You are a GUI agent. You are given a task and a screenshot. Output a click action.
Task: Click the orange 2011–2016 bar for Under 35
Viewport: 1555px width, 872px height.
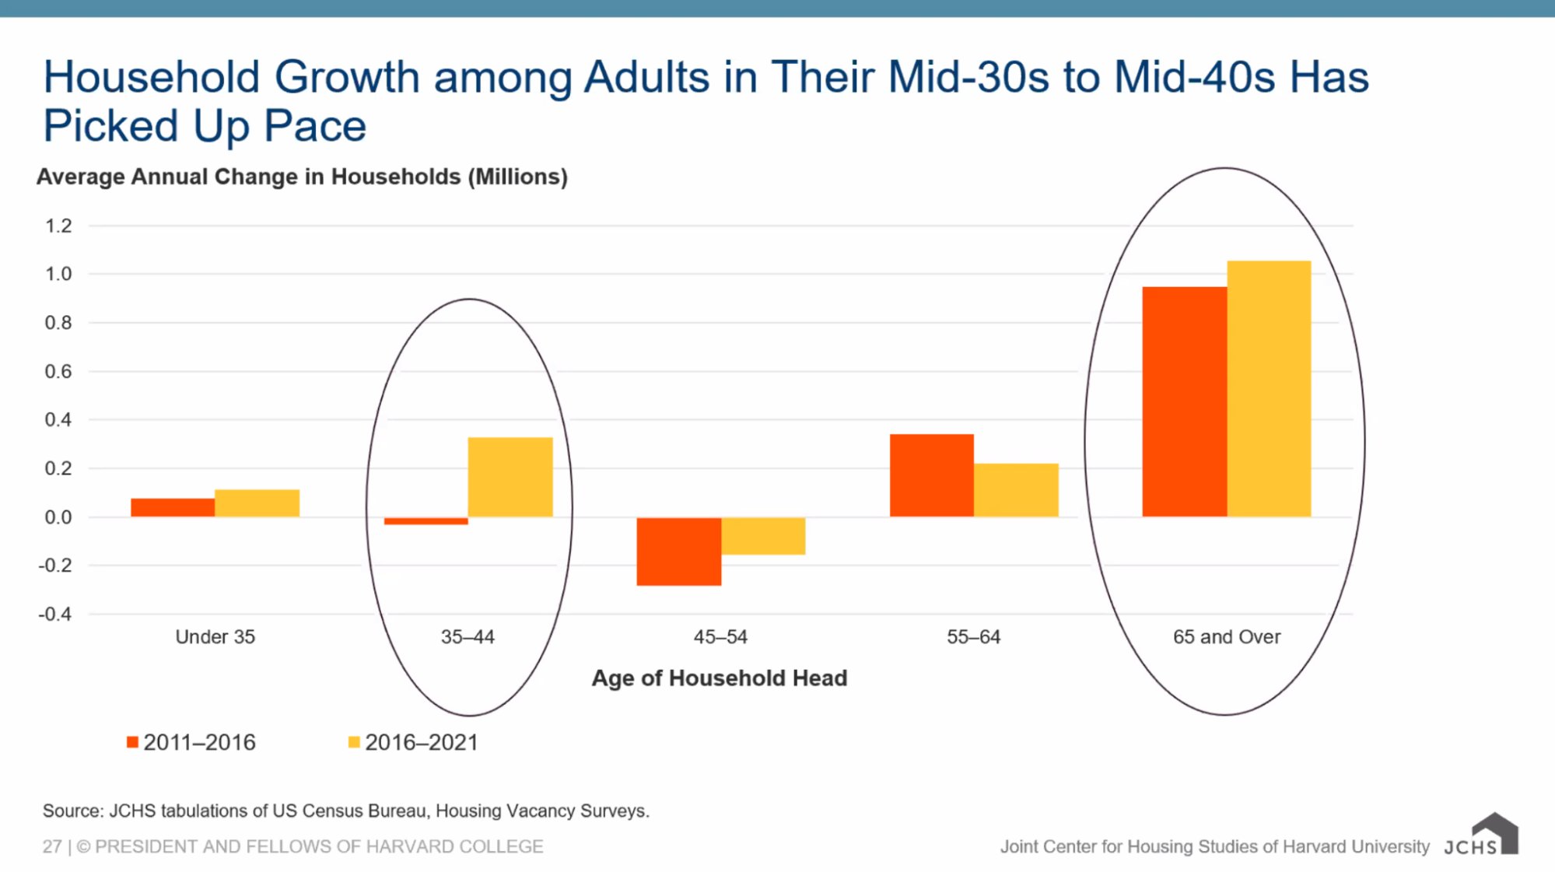[x=173, y=507]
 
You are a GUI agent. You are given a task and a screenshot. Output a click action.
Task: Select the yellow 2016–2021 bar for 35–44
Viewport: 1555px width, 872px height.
[x=510, y=477]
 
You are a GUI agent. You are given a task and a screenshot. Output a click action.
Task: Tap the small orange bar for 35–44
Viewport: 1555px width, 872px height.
[x=426, y=520]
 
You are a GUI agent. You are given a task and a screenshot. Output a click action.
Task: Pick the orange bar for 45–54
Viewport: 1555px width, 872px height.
[x=678, y=551]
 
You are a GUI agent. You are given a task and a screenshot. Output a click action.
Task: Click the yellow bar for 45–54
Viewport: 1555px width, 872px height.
[x=763, y=536]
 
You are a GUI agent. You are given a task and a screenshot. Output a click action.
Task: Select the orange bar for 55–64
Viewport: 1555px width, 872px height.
[x=932, y=475]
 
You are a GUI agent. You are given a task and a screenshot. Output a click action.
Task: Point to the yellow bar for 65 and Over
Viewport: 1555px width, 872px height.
[x=1269, y=389]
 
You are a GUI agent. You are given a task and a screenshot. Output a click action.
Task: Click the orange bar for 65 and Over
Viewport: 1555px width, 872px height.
[x=1185, y=401]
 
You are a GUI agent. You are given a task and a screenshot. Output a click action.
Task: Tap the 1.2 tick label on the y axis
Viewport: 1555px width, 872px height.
[x=58, y=226]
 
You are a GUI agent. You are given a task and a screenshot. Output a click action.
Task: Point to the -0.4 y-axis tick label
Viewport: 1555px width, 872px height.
[x=55, y=615]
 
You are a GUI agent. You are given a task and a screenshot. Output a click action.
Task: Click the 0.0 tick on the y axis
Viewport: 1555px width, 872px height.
[x=58, y=517]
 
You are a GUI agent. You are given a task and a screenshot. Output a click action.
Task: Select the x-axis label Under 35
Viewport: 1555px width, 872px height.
[x=215, y=637]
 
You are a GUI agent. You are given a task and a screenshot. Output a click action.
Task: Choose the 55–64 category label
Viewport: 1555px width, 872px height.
[x=973, y=637]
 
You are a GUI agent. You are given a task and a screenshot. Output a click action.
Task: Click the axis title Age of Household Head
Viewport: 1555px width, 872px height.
[x=720, y=678]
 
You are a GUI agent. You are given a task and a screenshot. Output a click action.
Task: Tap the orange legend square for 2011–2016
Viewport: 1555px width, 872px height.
[x=133, y=742]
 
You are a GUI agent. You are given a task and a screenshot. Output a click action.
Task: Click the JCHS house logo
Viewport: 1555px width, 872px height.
[x=1494, y=833]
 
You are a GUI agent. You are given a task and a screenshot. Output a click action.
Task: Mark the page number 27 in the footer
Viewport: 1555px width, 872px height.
[x=51, y=846]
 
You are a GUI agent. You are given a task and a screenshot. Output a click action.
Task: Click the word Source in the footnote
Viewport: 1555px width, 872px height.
[x=72, y=811]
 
